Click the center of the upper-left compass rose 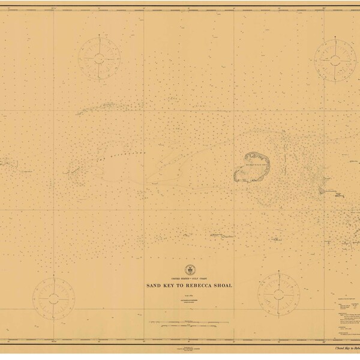click(98, 58)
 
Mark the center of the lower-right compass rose click(278, 292)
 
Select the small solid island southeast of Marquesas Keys click(323, 190)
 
